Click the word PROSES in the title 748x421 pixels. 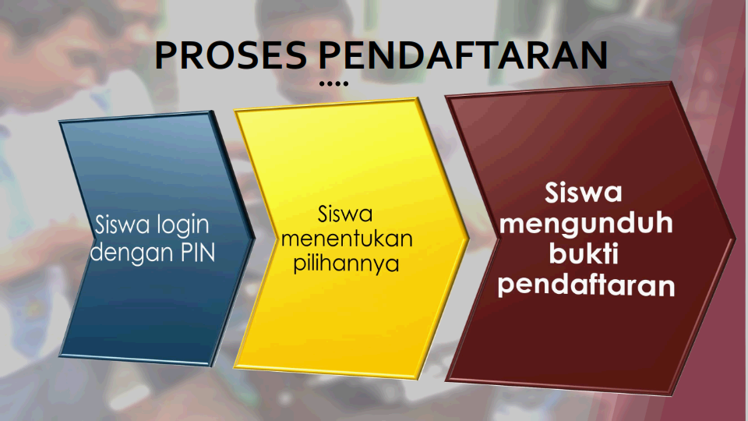point(231,55)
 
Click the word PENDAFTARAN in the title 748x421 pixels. point(463,55)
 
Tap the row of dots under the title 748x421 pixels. point(334,83)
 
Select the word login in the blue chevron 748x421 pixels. point(182,225)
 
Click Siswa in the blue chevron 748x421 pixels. point(122,225)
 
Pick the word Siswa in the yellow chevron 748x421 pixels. point(345,214)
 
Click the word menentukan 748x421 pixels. point(347,239)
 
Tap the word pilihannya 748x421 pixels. point(346,264)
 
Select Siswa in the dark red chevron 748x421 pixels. point(584,193)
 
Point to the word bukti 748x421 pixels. point(584,253)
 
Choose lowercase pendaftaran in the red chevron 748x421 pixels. point(586,285)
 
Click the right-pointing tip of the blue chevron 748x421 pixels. point(255,235)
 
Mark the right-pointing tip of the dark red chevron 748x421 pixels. point(735,235)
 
